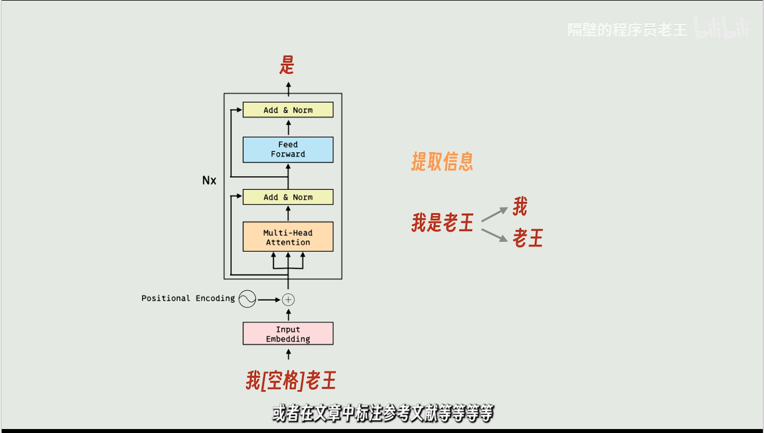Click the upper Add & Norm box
click(x=288, y=110)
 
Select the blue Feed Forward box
click(x=288, y=149)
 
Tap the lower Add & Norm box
click(x=288, y=197)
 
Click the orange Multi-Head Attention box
click(x=288, y=237)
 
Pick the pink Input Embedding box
click(x=288, y=334)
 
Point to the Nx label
click(x=209, y=180)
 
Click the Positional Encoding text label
click(x=188, y=298)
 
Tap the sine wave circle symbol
click(x=247, y=299)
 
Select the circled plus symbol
click(x=289, y=299)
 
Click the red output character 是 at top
click(x=287, y=66)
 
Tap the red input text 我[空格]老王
click(x=291, y=381)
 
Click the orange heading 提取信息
click(x=442, y=163)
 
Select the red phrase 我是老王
click(x=442, y=223)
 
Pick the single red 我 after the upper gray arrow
click(x=520, y=206)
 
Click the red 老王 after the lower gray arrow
click(x=528, y=238)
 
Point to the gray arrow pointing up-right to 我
click(x=494, y=214)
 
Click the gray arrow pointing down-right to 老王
click(x=494, y=235)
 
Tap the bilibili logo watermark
click(x=721, y=29)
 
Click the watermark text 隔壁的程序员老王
click(x=627, y=30)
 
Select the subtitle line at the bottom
click(x=382, y=414)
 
